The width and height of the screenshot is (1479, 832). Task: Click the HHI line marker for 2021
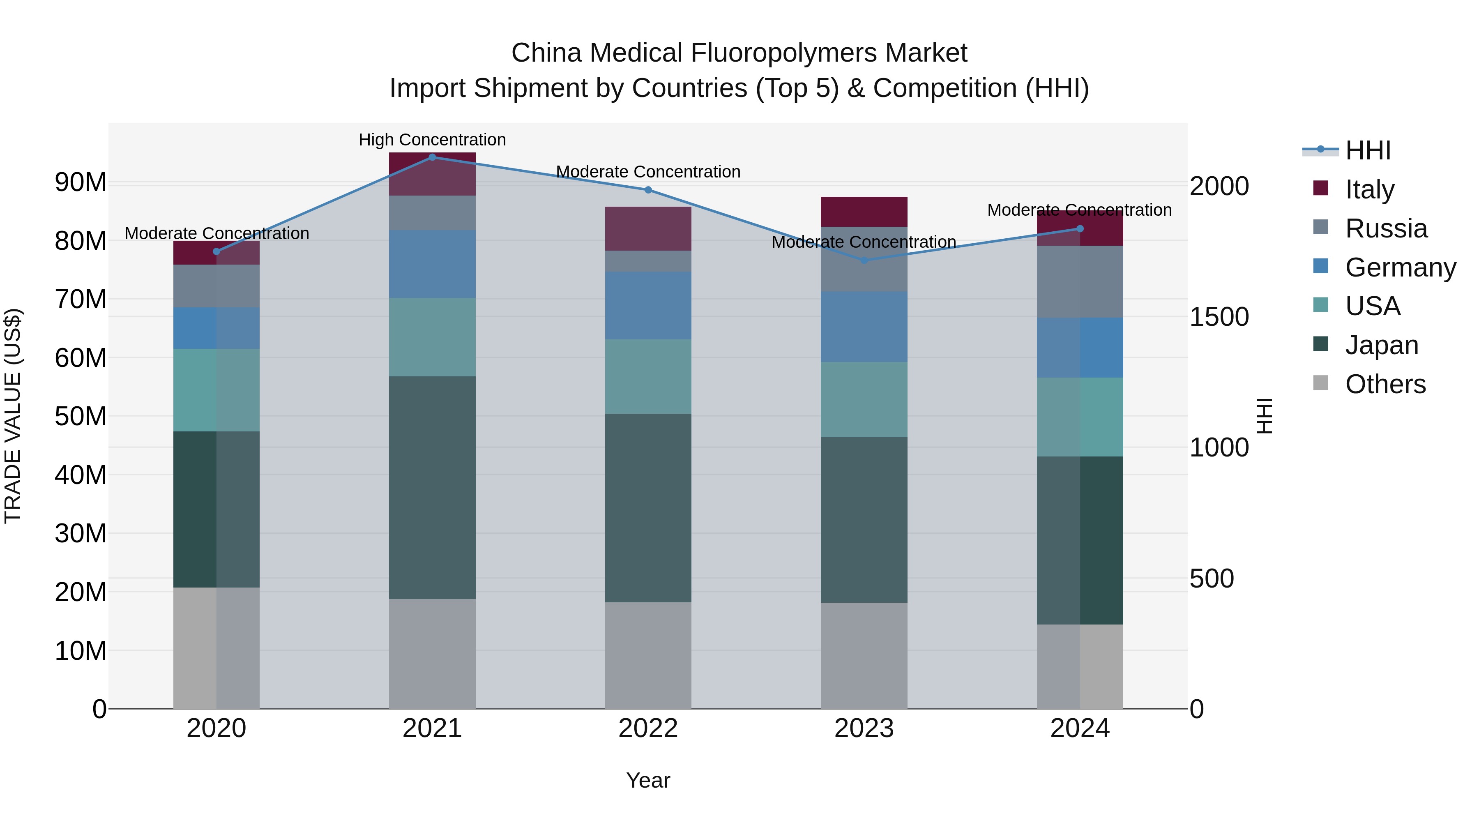click(x=432, y=157)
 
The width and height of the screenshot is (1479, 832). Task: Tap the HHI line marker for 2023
click(x=864, y=260)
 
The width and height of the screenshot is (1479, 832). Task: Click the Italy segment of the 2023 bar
click(x=864, y=212)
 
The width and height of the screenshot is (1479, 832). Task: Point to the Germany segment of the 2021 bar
click(x=432, y=264)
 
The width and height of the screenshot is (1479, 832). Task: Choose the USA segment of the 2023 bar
click(x=864, y=400)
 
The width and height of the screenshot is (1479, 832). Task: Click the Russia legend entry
click(x=1386, y=228)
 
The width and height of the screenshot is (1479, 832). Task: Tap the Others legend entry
click(x=1385, y=384)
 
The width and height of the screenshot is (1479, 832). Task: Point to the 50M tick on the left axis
click(x=81, y=416)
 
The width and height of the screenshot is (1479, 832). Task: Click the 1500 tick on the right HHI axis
click(x=1219, y=317)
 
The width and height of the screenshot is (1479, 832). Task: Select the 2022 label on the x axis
click(x=648, y=728)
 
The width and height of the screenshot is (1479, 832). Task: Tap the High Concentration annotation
click(x=432, y=140)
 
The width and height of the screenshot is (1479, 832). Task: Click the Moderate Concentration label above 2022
click(x=648, y=172)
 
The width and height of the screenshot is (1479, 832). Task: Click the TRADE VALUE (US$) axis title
click(x=13, y=416)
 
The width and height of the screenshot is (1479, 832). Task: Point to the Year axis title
click(x=648, y=780)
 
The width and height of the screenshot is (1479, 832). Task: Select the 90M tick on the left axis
click(x=81, y=182)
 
